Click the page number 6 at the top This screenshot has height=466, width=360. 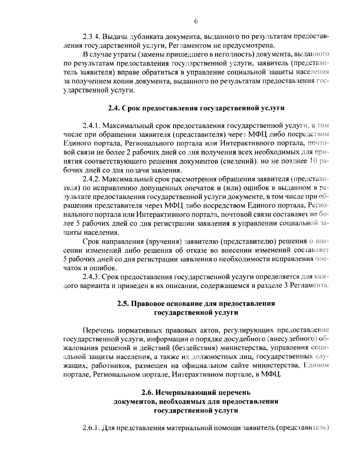(x=196, y=21)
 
